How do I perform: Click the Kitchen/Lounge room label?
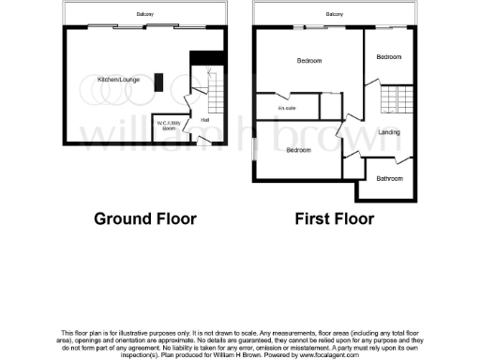point(118,81)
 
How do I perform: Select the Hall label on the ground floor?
point(204,119)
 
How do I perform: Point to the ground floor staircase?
point(214,90)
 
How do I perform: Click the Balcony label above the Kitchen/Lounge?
point(143,15)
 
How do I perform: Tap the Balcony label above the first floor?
point(334,15)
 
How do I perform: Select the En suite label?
point(287,109)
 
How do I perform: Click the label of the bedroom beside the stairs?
point(388,57)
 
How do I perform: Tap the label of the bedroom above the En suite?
point(309,62)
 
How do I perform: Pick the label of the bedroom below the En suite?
point(298,151)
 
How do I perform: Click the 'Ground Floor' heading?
point(145,219)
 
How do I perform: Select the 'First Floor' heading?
point(334,219)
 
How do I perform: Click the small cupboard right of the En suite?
point(332,105)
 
